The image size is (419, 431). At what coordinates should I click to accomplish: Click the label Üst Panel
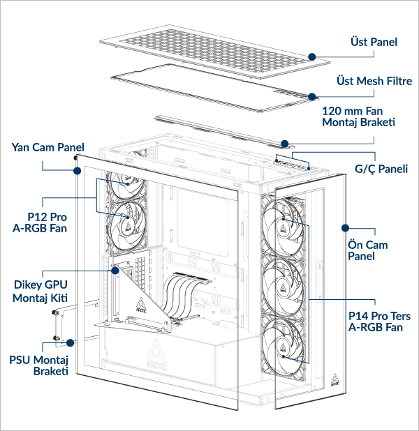click(374, 43)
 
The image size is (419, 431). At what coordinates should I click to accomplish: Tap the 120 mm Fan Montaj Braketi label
click(358, 116)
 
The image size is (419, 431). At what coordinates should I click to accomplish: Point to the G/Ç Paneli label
click(381, 169)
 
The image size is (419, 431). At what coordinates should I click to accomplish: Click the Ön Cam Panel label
click(367, 250)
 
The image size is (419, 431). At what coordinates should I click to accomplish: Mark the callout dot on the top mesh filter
click(312, 96)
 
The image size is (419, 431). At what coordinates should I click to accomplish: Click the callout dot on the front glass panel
click(344, 227)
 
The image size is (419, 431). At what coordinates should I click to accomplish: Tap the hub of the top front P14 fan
click(284, 224)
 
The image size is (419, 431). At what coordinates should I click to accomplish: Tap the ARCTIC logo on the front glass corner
click(335, 379)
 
